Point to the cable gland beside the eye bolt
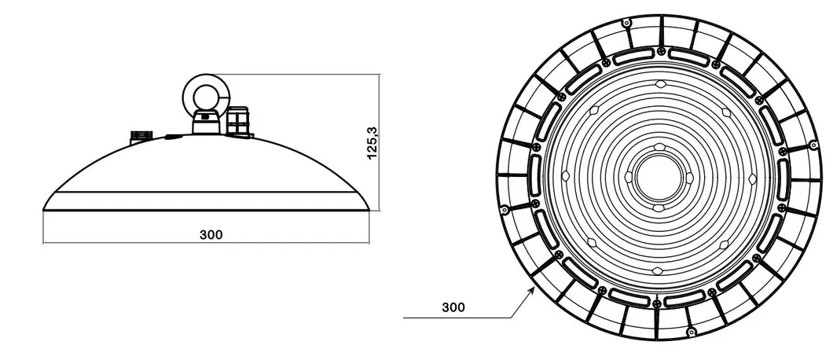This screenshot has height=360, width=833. click(237, 123)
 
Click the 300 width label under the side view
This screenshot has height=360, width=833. click(211, 234)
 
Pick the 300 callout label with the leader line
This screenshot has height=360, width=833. click(453, 307)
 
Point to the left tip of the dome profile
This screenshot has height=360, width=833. click(44, 208)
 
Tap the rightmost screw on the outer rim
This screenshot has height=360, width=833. click(811, 145)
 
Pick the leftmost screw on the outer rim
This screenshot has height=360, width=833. click(503, 208)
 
